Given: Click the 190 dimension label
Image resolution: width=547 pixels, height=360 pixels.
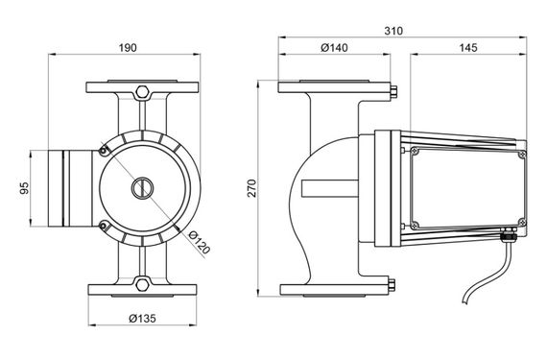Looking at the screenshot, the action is [128, 48].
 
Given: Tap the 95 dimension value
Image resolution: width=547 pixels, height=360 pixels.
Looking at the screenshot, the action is [25, 188].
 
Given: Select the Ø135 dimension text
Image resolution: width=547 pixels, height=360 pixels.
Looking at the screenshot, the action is [142, 318].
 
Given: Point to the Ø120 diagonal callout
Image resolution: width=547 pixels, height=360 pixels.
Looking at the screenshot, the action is [200, 242].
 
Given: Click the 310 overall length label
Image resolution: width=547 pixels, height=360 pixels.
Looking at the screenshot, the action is [393, 31].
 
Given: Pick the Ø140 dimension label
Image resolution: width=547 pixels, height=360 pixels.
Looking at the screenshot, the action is [334, 47].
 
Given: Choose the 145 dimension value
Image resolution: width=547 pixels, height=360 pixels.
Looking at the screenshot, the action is [467, 47].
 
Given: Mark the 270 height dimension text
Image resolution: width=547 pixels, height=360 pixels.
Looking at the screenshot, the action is [251, 188].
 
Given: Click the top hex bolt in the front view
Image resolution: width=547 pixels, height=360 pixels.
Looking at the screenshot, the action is [142, 92].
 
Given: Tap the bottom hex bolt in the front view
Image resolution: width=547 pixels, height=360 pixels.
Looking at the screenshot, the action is [142, 283].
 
